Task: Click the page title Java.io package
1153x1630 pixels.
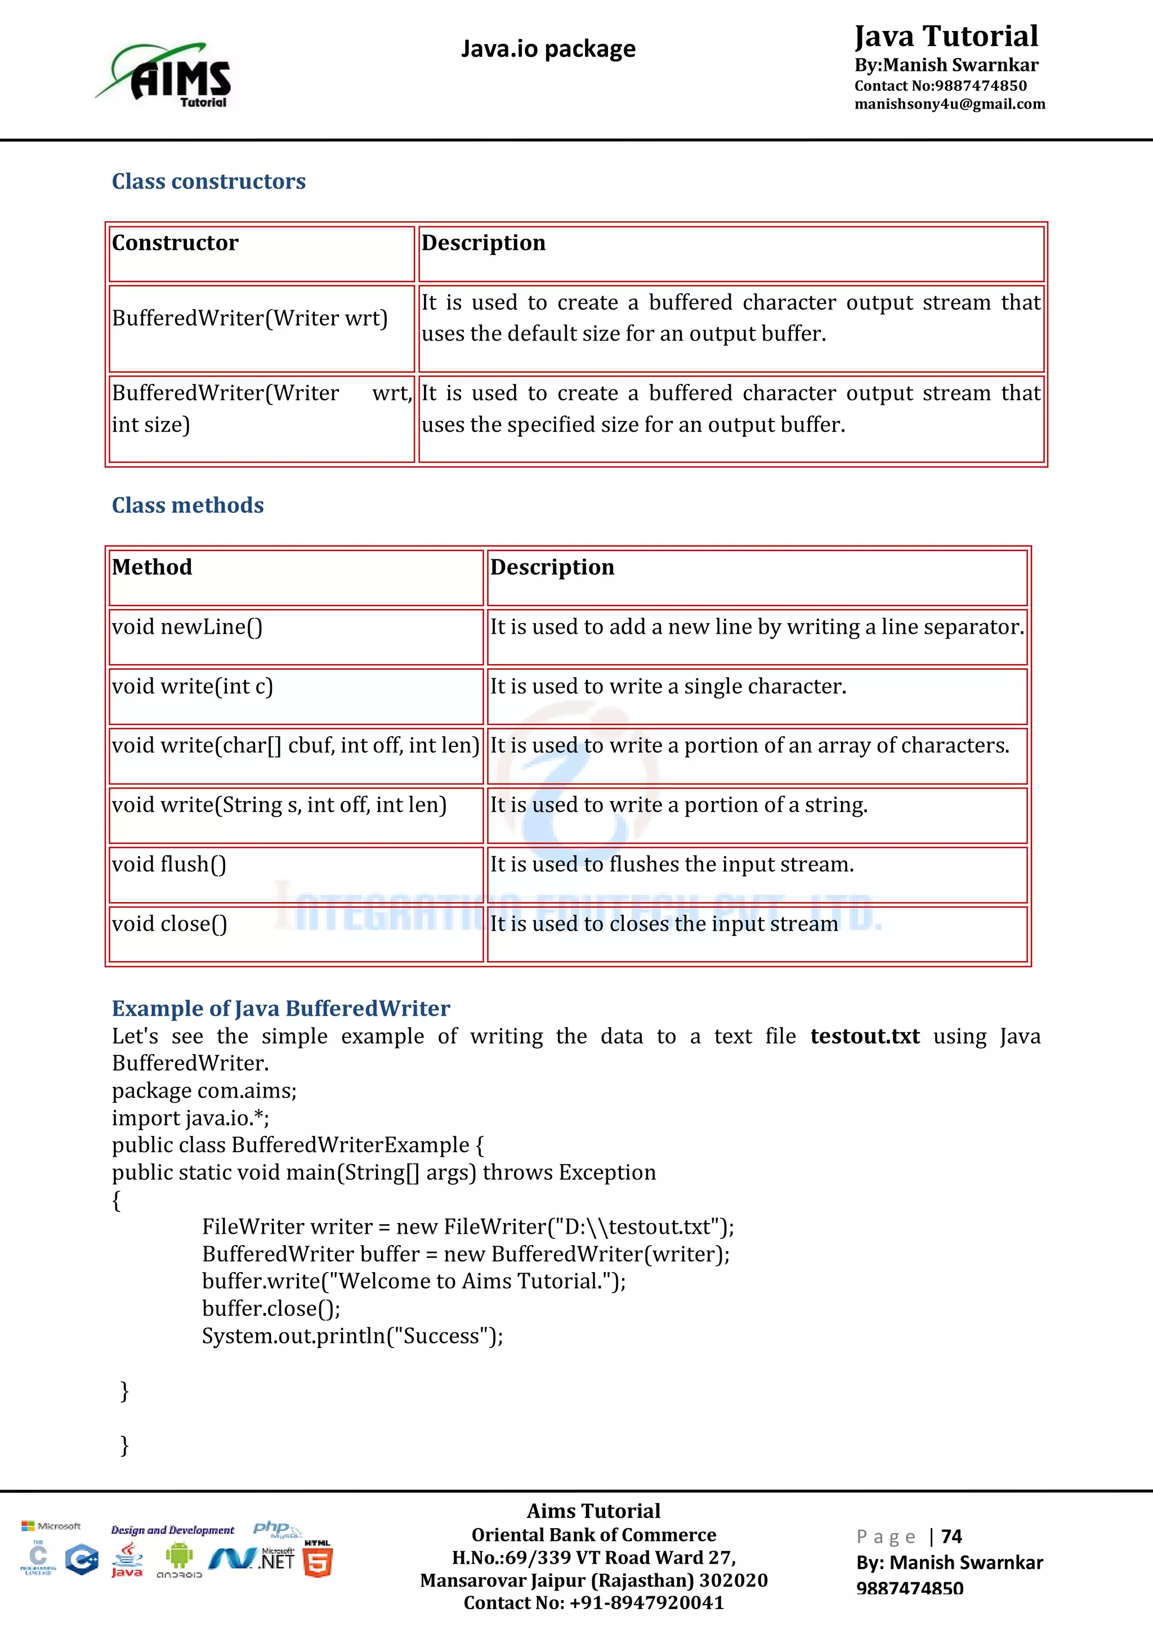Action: point(548,49)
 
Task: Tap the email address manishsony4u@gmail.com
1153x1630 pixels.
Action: point(949,104)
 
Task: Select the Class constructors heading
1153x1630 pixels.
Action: point(209,182)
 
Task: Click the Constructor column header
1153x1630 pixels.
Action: point(175,244)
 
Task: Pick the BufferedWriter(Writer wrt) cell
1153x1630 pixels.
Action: point(250,318)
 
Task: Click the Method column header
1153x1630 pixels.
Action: point(152,567)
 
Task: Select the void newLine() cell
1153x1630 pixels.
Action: point(187,627)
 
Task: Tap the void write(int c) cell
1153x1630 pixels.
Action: point(193,687)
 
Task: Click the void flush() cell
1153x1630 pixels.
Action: point(169,865)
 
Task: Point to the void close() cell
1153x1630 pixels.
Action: point(169,924)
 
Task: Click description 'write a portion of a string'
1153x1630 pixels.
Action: point(679,805)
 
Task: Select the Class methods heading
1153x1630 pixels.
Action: point(187,505)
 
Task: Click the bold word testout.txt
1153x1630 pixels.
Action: point(864,1037)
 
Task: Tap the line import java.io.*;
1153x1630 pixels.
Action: point(190,1118)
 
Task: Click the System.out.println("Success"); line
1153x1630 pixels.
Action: point(352,1336)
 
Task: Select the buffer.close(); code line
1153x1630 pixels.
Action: point(271,1309)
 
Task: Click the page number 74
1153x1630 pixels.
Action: point(951,1537)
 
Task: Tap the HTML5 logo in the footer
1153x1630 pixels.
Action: point(318,1561)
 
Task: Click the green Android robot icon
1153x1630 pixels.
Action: point(179,1557)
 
